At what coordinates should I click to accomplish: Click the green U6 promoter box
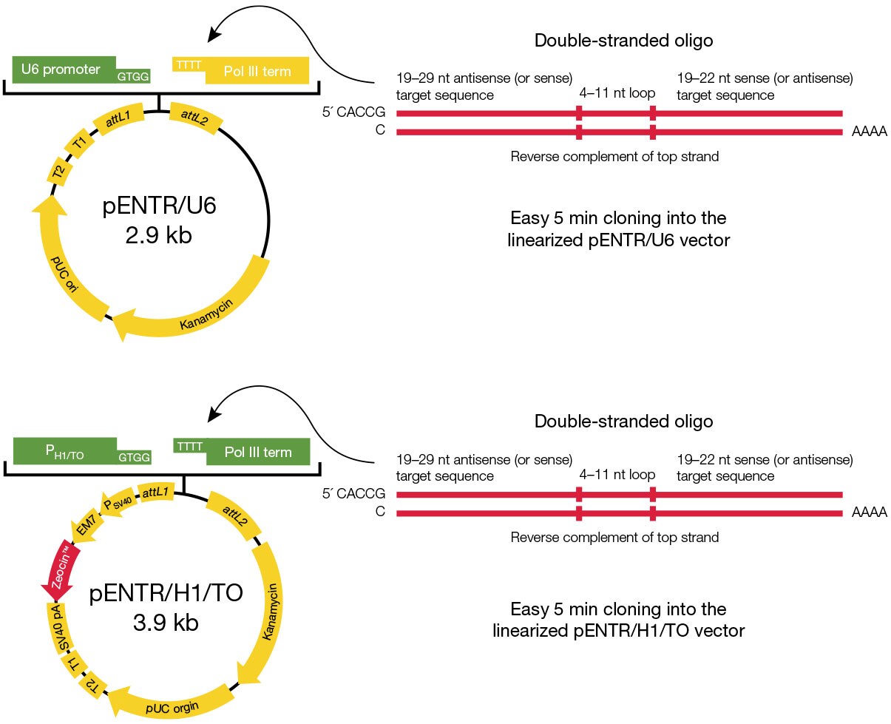(63, 70)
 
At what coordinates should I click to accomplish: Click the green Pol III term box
(257, 452)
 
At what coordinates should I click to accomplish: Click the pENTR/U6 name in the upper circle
(159, 206)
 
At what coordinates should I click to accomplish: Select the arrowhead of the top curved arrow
(214, 34)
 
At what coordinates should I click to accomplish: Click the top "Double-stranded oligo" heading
(623, 41)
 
